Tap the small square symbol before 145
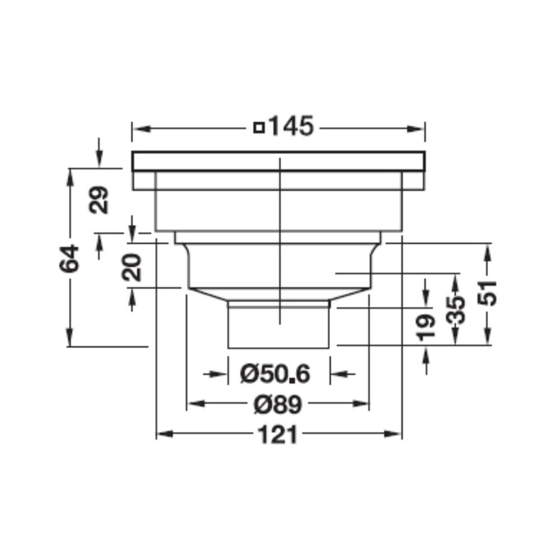pos(259,128)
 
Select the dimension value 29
pos(99,200)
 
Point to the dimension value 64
pos(69,258)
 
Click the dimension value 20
pos(132,267)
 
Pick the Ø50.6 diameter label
pos(275,374)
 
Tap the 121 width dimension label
pos(278,435)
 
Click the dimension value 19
pos(426,328)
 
